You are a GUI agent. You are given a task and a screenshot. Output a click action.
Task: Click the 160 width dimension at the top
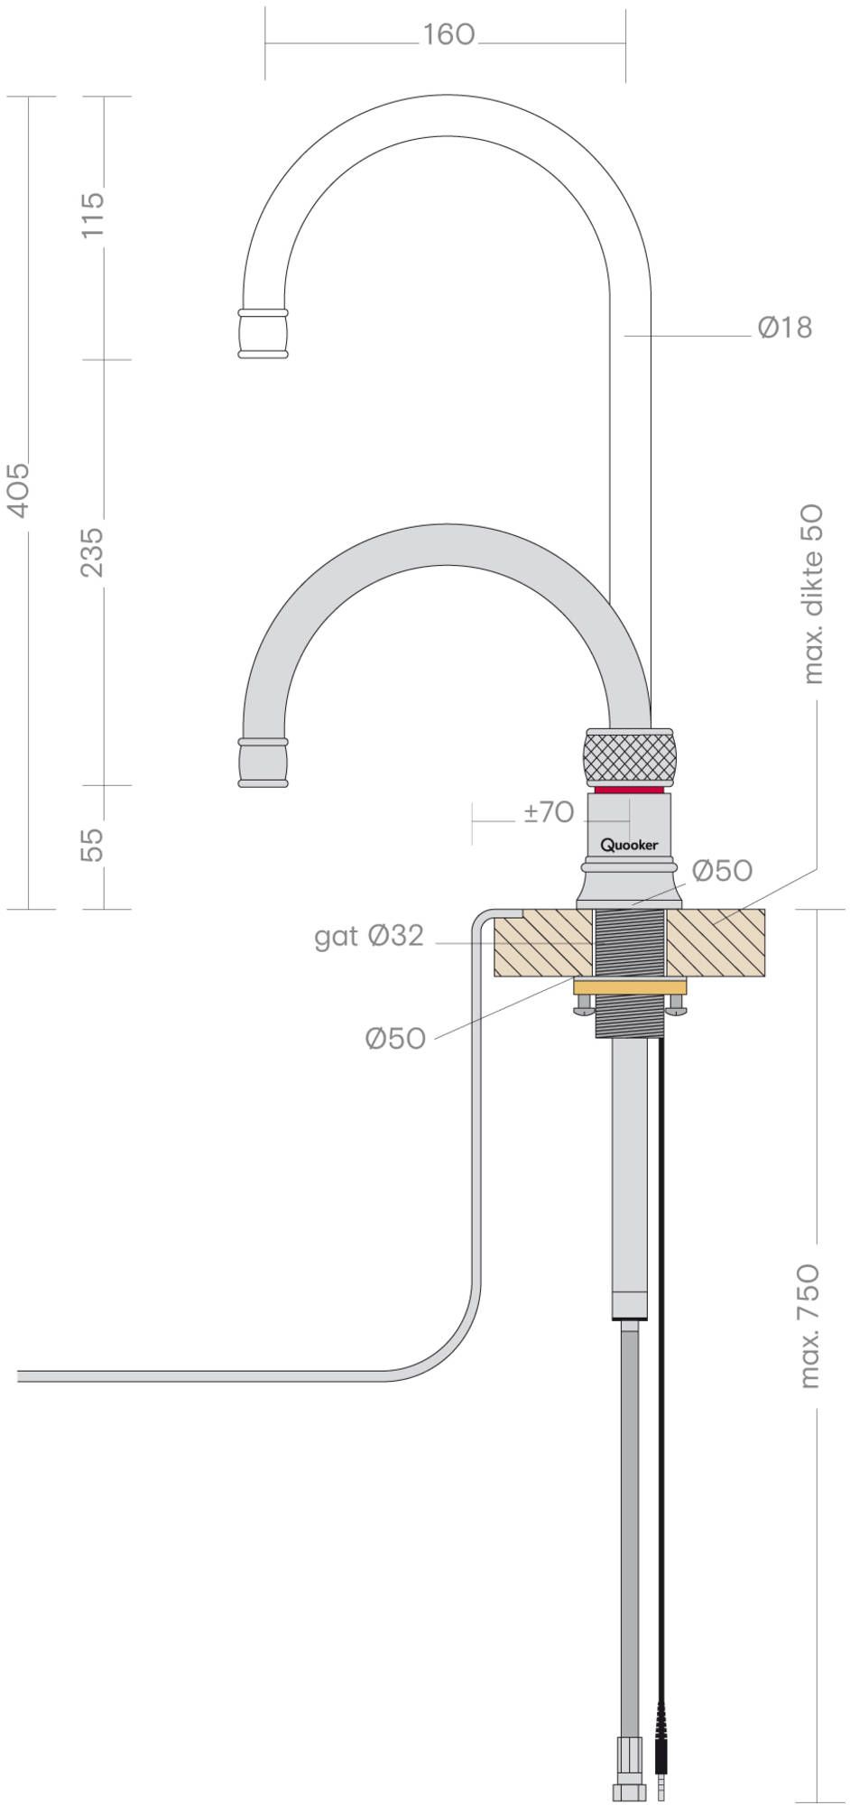point(448,34)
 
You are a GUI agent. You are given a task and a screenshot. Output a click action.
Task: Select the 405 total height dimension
point(18,490)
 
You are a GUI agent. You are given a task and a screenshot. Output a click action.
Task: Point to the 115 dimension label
point(93,214)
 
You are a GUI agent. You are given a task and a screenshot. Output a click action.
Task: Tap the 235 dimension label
point(93,551)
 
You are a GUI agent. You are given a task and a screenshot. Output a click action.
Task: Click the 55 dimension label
point(93,845)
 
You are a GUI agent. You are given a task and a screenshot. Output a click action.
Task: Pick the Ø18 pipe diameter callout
point(785,327)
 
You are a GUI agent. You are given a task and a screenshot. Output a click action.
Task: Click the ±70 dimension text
point(549,812)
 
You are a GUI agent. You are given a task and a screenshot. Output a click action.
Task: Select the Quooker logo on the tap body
point(630,845)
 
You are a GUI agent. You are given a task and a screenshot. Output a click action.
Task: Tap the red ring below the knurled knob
point(630,790)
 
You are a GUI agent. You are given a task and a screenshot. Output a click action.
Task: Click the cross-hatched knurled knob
point(630,756)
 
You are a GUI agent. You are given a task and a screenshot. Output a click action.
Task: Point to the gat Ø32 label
point(369,936)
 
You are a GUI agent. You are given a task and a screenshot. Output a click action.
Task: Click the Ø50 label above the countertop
point(722,870)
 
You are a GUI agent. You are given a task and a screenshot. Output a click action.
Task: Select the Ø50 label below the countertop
point(395,1038)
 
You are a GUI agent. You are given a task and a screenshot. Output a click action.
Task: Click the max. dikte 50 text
point(812,594)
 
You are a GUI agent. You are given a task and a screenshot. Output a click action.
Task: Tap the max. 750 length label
point(808,1325)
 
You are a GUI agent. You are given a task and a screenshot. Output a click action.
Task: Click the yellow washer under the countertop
point(630,986)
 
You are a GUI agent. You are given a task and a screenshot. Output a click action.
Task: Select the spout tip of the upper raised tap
point(263,334)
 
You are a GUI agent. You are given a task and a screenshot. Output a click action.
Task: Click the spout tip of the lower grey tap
point(263,763)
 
